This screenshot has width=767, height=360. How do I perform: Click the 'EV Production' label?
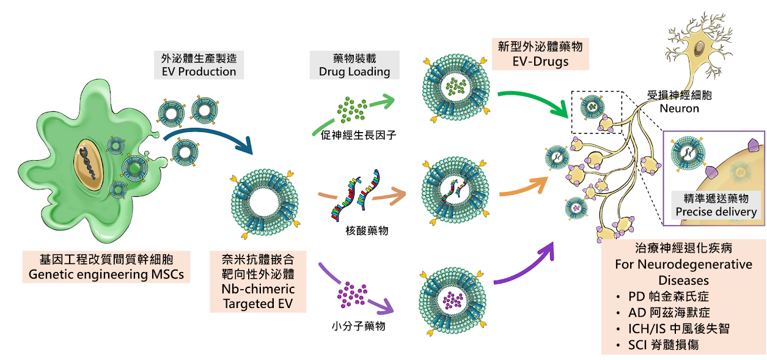pos(198,72)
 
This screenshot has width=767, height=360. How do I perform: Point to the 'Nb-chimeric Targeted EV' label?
pos(259,296)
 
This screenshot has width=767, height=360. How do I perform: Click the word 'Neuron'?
pos(680,109)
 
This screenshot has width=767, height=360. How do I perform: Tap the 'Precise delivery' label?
pos(716,212)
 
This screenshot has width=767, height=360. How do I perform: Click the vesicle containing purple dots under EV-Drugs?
pos(453,299)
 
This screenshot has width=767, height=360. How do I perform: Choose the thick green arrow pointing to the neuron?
pos(532,103)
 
